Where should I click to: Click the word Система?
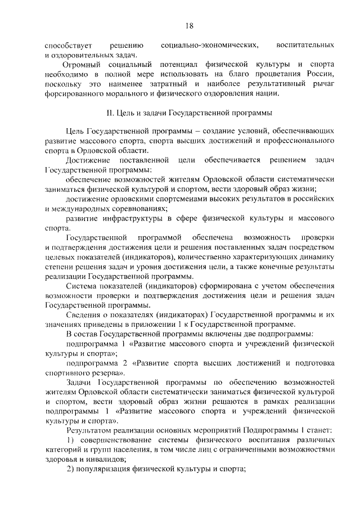coord(82,286)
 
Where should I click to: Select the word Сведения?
coord(84,315)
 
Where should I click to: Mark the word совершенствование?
coord(119,440)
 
